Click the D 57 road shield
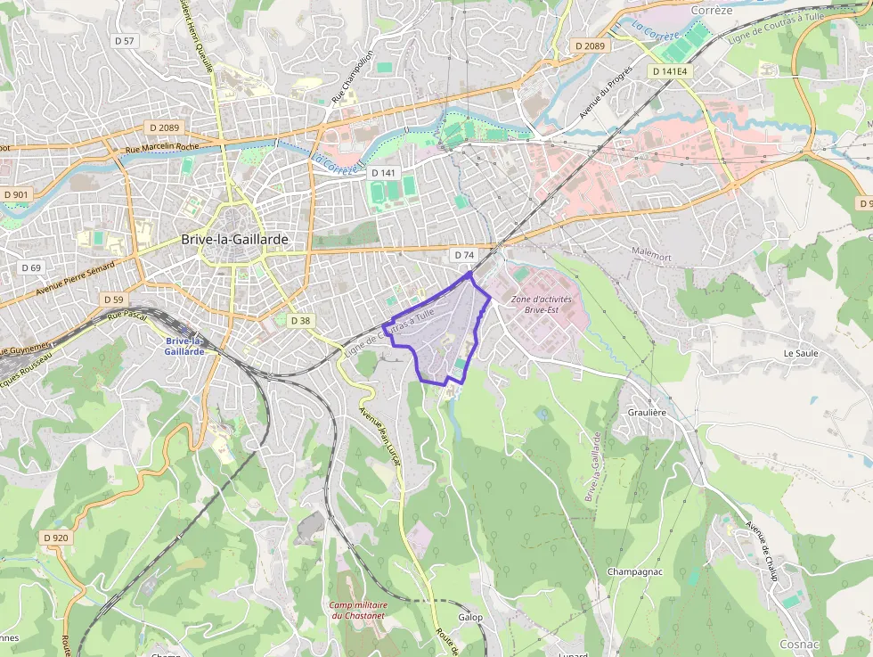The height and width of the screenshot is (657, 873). [125, 41]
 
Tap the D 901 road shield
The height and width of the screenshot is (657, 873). [15, 194]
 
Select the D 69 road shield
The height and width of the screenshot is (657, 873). [31, 267]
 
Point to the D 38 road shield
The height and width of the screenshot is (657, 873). [301, 321]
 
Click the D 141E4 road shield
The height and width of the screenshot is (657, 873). [670, 70]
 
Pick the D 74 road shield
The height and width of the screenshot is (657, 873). [463, 255]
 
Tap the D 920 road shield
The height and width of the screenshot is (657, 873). [55, 538]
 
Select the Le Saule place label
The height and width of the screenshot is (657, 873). [800, 353]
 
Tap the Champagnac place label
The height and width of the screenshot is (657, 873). [634, 571]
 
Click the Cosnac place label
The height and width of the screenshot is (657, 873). [799, 644]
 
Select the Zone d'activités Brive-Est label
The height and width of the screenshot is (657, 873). [542, 304]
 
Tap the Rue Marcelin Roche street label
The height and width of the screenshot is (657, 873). [162, 148]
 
